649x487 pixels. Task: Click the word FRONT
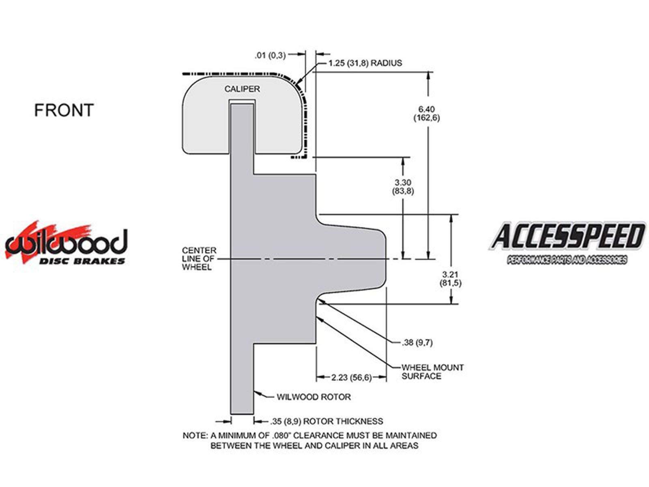pyautogui.click(x=64, y=110)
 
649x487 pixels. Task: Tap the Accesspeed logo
pyautogui.click(x=567, y=242)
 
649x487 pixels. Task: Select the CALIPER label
pyautogui.click(x=242, y=89)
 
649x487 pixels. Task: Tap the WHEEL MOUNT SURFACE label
pyautogui.click(x=432, y=372)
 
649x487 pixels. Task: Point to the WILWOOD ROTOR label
pyautogui.click(x=314, y=397)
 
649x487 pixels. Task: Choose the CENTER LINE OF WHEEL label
pyautogui.click(x=199, y=259)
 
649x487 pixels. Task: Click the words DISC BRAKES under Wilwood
pyautogui.click(x=82, y=261)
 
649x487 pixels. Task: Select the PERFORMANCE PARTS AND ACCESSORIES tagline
pyautogui.click(x=567, y=260)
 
